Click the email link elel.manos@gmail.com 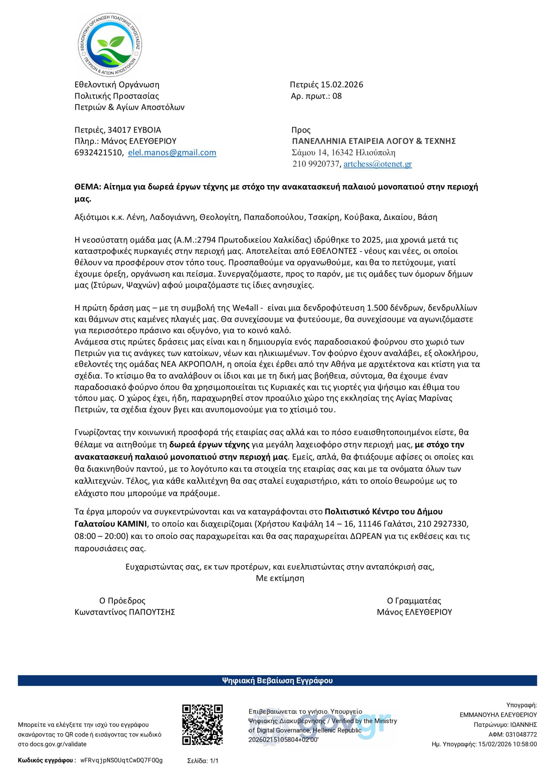(172, 153)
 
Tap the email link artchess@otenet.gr (378, 164)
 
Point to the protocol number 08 (337, 96)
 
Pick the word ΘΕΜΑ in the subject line (86, 187)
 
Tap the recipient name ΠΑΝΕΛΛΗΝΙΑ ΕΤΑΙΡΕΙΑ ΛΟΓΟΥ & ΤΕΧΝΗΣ (374, 141)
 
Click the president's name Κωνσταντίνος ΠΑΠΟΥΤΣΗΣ (125, 612)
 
